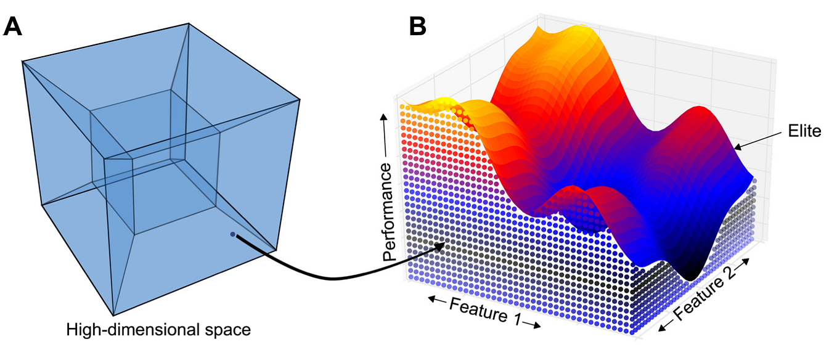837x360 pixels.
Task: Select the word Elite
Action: tap(805, 132)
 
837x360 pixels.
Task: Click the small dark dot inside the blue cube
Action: tap(232, 234)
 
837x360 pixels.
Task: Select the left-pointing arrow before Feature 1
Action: tap(437, 300)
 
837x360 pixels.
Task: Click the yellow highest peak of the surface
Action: tap(579, 31)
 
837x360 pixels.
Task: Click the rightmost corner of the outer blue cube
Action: tap(300, 99)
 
